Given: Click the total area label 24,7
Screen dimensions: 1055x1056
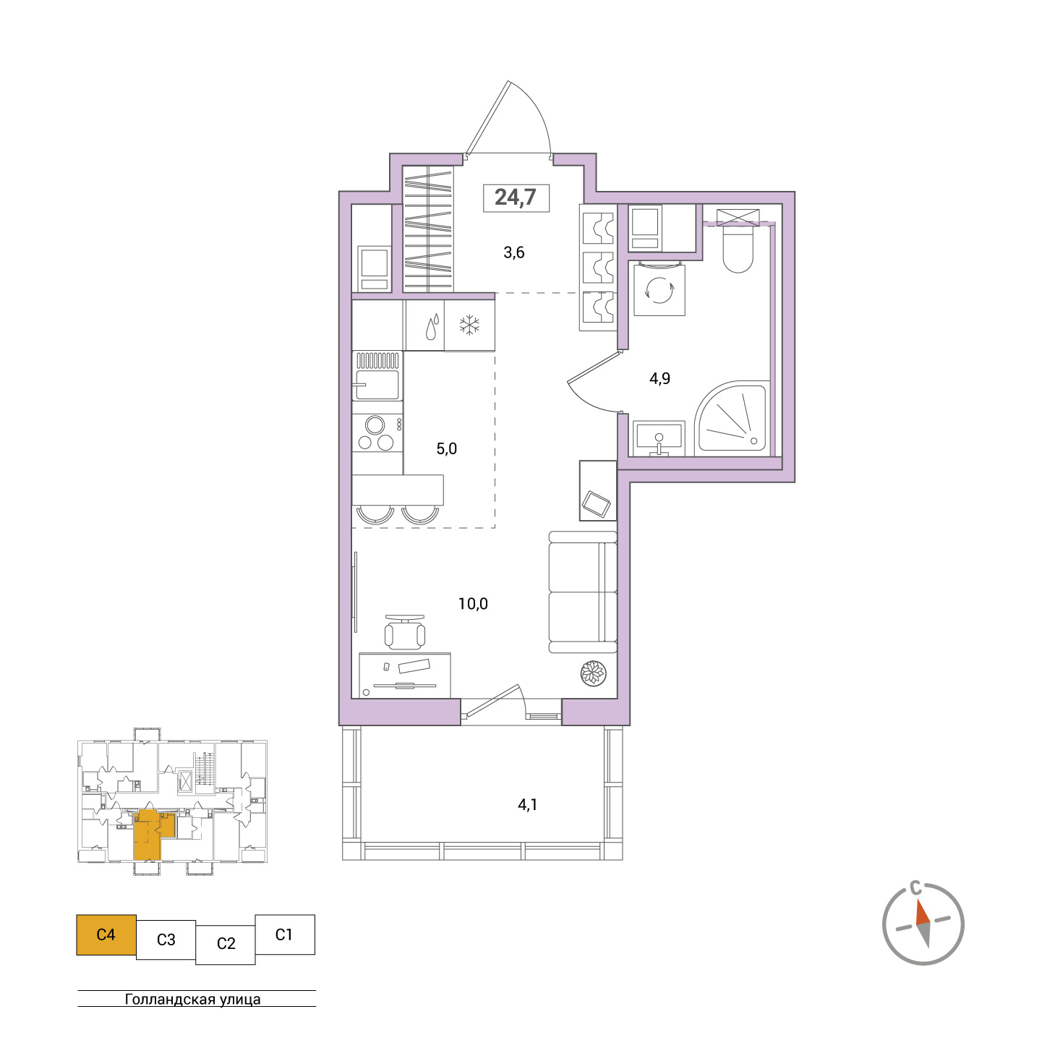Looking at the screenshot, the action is coord(515,197).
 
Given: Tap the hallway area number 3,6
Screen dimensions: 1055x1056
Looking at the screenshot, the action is coord(514,252).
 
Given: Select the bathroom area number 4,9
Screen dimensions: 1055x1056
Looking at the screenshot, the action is coord(660,379).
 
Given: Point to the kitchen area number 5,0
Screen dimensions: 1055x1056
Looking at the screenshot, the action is coord(446,449).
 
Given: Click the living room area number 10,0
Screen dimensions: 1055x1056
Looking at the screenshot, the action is coord(473,604).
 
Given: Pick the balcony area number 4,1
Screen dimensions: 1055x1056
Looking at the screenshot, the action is coord(527,805).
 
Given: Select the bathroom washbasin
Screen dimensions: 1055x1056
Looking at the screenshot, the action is coord(659,438).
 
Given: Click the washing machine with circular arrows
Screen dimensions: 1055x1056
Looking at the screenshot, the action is coord(659,290).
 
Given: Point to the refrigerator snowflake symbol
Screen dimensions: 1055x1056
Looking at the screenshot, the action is coord(469,325).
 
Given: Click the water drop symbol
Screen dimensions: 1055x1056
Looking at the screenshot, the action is coord(432,327).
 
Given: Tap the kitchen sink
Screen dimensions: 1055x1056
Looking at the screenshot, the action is coord(377,385).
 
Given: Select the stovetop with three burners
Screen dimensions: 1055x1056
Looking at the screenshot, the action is coord(377,433).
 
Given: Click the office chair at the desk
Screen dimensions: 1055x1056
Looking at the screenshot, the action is coord(404,633).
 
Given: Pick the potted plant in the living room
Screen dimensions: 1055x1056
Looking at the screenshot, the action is coord(593,673).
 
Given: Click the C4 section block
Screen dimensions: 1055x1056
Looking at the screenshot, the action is coord(106,934).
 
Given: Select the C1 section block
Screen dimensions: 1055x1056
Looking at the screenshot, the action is coord(284,934).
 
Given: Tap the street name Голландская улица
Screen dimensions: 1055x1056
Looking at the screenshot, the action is coord(192,999).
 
